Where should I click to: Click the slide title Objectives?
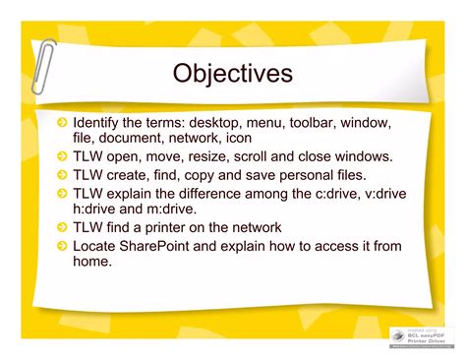point(232,73)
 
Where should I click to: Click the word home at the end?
point(92,262)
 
